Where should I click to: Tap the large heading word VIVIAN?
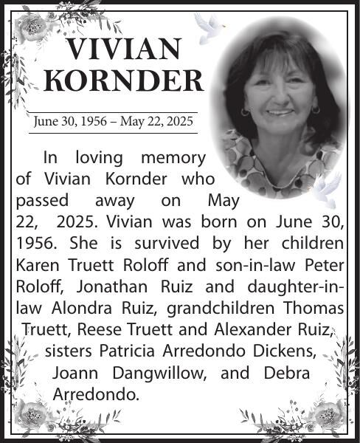point(122,49)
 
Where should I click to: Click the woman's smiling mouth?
point(280,112)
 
